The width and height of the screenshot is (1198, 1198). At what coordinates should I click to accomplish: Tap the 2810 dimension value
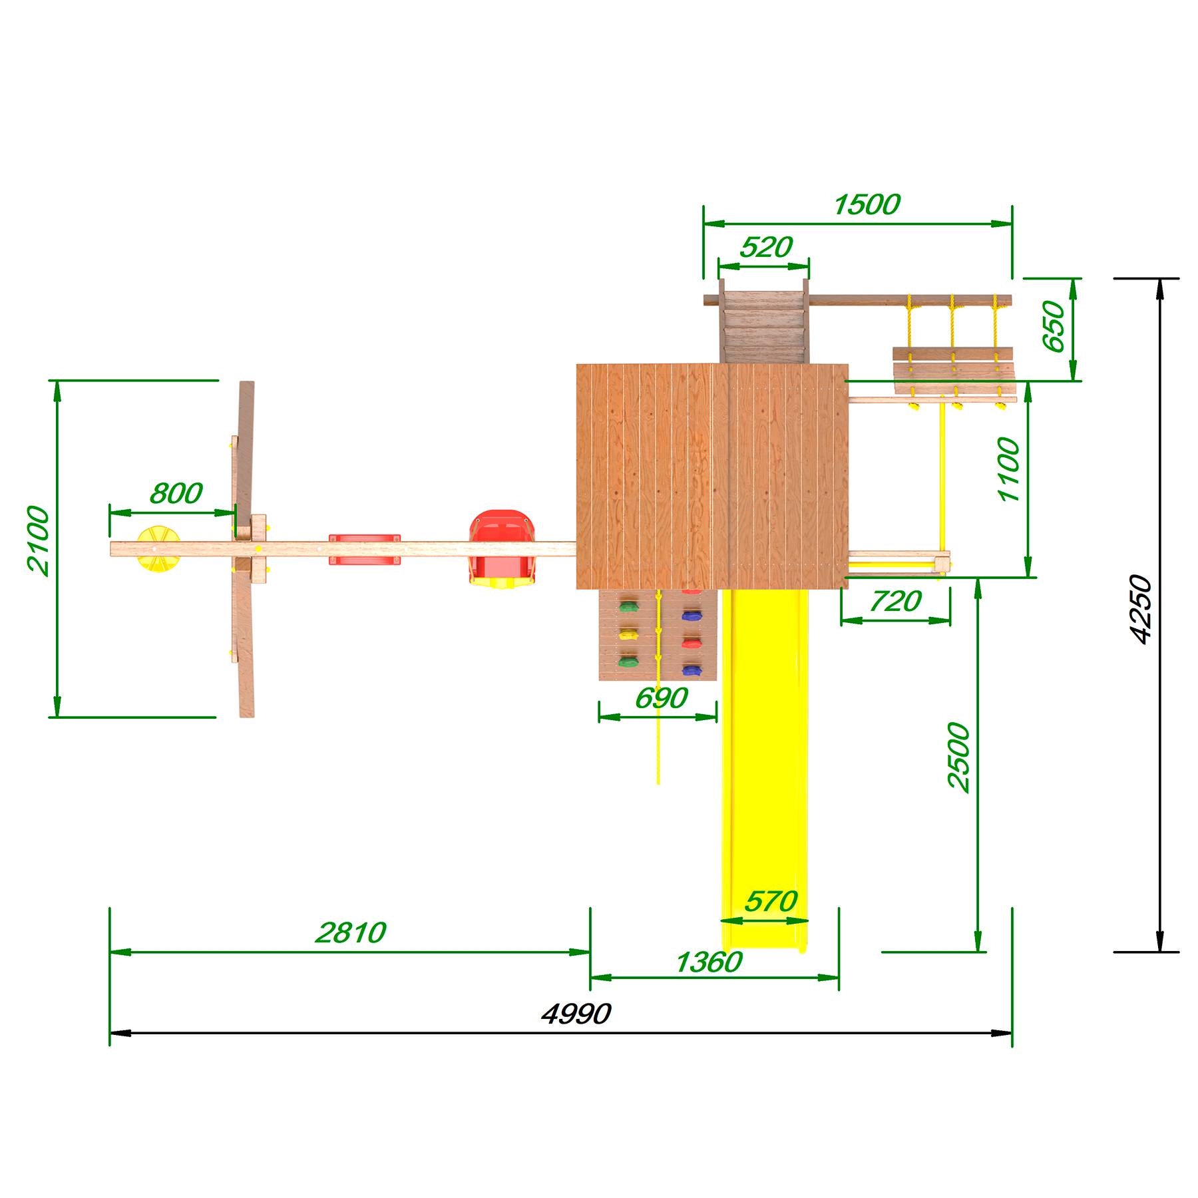click(350, 932)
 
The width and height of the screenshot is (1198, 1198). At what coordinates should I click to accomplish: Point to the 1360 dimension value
click(708, 962)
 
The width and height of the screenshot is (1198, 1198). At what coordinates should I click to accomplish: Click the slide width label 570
click(770, 901)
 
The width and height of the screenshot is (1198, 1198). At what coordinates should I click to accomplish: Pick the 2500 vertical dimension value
click(959, 757)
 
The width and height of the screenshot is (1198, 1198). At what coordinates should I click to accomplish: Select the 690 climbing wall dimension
click(661, 698)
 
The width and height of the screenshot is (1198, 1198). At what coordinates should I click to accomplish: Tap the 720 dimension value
click(895, 601)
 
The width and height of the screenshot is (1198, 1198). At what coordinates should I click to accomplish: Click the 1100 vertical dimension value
click(1009, 470)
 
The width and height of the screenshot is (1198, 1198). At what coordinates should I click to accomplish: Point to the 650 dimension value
click(1054, 327)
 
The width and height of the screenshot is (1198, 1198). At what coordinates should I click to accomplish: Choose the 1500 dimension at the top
click(867, 204)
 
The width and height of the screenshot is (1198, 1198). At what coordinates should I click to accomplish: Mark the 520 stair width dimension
click(766, 248)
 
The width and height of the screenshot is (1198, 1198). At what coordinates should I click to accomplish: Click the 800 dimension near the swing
click(176, 493)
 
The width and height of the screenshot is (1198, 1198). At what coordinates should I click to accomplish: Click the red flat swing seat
click(365, 549)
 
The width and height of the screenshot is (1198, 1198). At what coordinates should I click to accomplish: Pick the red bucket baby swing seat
click(500, 549)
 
